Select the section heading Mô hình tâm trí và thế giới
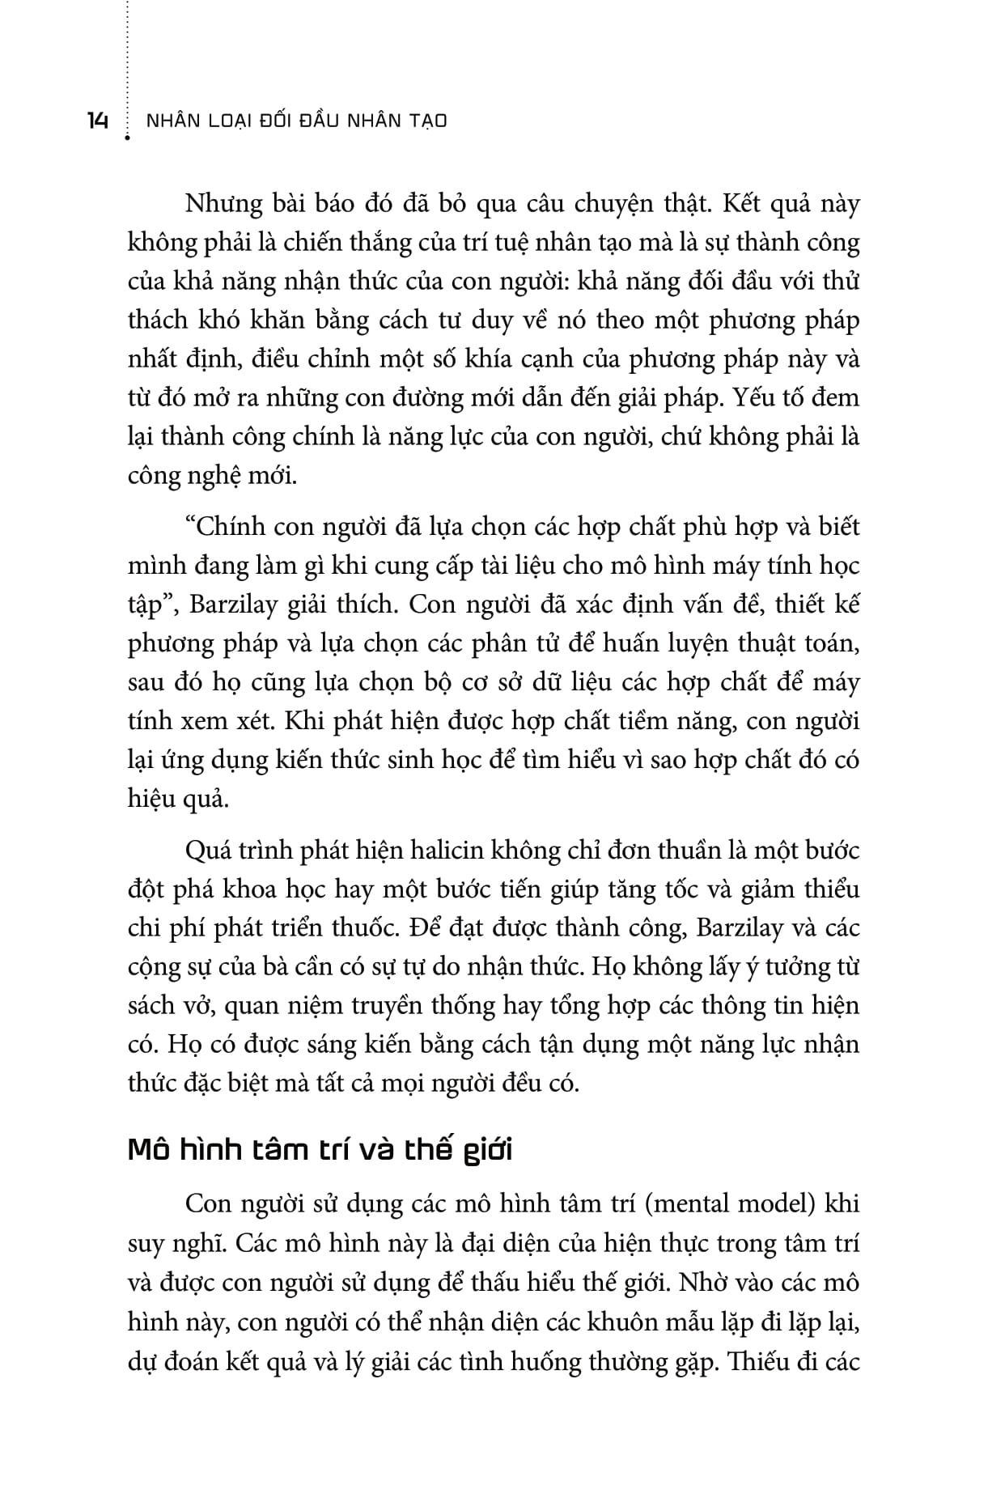[x=320, y=1150]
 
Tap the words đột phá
[x=166, y=889]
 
